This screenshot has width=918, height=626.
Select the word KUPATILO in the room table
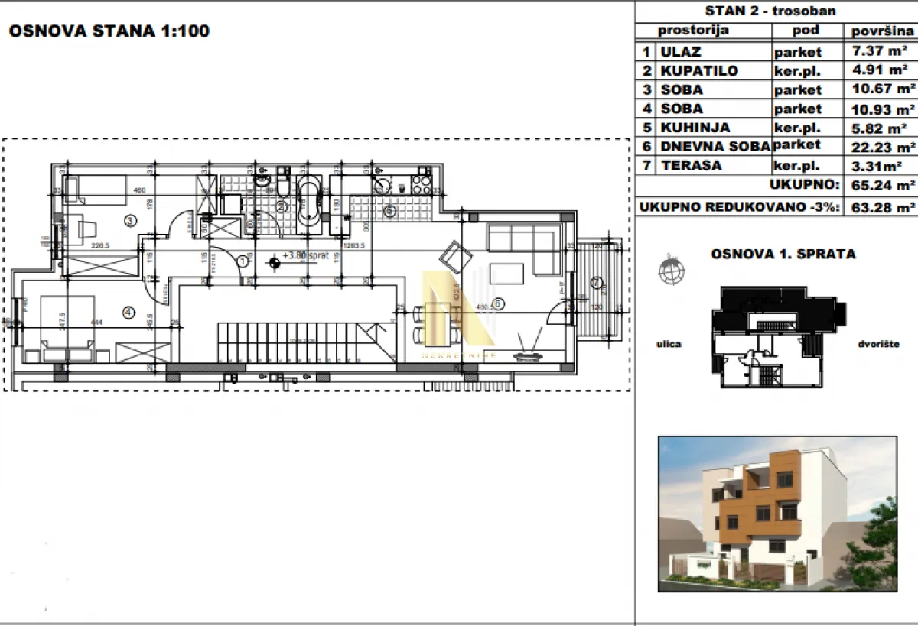701,71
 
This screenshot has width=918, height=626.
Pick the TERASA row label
691,166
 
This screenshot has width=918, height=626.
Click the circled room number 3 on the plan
130,222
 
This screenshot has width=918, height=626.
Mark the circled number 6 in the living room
498,303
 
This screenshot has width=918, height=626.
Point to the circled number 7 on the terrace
596,283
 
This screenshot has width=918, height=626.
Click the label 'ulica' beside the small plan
669,344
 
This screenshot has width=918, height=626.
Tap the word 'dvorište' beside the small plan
878,344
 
